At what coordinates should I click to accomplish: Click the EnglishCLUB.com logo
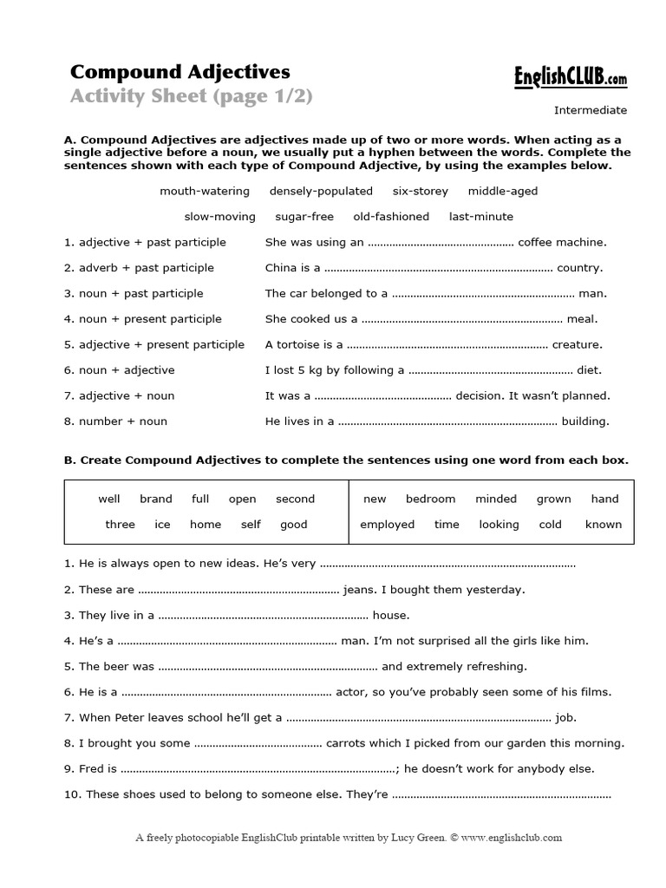pyautogui.click(x=567, y=78)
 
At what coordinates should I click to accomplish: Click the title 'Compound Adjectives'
pyautogui.click(x=180, y=71)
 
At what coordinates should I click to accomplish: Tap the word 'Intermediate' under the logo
pyautogui.click(x=590, y=110)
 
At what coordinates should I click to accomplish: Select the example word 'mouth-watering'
pyautogui.click(x=204, y=191)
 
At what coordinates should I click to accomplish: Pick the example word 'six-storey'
pyautogui.click(x=421, y=191)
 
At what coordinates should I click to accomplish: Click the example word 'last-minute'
pyautogui.click(x=480, y=217)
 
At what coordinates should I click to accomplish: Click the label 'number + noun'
pyautogui.click(x=115, y=421)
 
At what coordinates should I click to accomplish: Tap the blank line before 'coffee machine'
pyautogui.click(x=441, y=245)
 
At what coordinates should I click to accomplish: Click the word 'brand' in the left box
pyautogui.click(x=156, y=499)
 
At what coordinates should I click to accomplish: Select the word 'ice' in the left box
pyautogui.click(x=162, y=525)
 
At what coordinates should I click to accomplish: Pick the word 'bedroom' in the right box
pyautogui.click(x=430, y=499)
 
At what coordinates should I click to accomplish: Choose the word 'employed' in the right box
pyautogui.click(x=387, y=525)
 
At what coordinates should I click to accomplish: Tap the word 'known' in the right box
pyautogui.click(x=603, y=525)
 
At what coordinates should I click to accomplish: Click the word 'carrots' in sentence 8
pyautogui.click(x=346, y=743)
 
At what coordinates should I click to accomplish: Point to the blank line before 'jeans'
pyautogui.click(x=238, y=591)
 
